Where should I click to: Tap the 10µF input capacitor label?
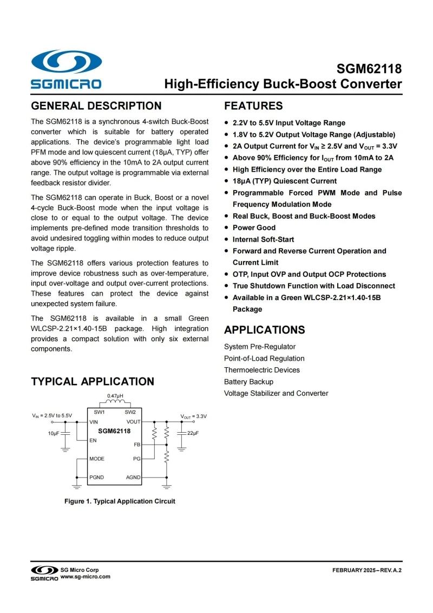pos(54,433)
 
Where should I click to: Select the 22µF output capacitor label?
pos(193,433)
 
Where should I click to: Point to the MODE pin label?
pos(97,459)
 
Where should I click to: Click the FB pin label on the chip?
pos(137,444)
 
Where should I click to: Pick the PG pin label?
pos(137,459)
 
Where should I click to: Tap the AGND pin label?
pos(133,477)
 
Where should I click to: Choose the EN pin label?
pos(93,440)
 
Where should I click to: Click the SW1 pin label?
pos(99,413)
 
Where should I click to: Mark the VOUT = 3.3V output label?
pos(193,416)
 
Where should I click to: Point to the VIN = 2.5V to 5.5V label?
pos(52,416)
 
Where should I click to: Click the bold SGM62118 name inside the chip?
pos(114,431)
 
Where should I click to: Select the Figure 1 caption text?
pos(120,501)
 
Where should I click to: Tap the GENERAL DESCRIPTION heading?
pos(96,106)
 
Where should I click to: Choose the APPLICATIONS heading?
pos(265,330)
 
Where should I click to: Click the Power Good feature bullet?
pos(254,227)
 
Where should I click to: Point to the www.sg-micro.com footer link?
pos(86,577)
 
